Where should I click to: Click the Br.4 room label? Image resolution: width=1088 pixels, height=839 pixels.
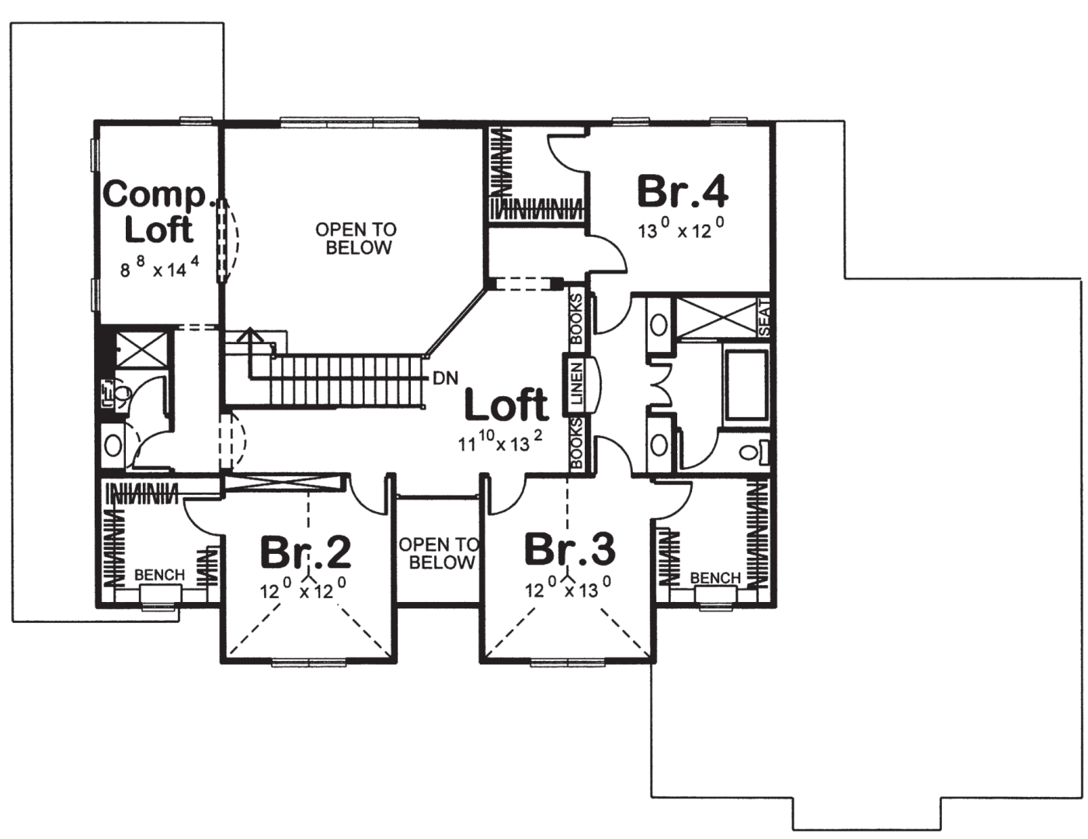pos(683,191)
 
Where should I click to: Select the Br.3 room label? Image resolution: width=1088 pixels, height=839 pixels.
pos(570,549)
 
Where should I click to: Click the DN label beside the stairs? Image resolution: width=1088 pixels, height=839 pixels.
pos(446,378)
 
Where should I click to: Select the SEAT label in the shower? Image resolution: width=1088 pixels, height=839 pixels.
pos(764,318)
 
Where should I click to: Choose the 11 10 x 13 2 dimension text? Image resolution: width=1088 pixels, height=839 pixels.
pos(500,441)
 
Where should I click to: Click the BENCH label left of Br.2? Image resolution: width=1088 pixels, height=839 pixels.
pos(160,575)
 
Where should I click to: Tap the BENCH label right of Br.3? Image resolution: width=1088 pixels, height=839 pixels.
pos(715,578)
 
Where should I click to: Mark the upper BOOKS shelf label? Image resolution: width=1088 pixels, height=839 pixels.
pos(577,319)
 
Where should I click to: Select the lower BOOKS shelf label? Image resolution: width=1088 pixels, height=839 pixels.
pos(577,444)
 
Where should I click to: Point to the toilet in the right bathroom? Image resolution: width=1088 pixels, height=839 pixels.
pos(753,452)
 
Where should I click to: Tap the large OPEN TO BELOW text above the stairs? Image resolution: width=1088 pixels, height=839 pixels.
pos(356,238)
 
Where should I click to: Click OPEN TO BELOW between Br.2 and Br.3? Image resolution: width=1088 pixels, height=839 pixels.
pos(439,553)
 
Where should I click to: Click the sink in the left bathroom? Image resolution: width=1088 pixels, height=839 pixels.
pos(113,445)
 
